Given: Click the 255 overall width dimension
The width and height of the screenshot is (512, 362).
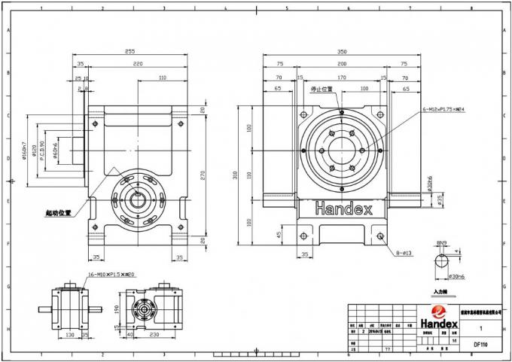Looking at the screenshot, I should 130,53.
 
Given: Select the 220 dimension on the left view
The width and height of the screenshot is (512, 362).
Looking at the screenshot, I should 138,65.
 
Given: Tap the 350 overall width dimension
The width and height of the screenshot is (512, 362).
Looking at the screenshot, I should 342,53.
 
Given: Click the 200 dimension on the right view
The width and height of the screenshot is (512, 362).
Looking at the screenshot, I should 342,65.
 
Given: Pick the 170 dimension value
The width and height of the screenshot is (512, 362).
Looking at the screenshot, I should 342,78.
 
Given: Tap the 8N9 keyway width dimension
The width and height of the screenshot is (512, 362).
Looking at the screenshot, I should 443,243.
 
